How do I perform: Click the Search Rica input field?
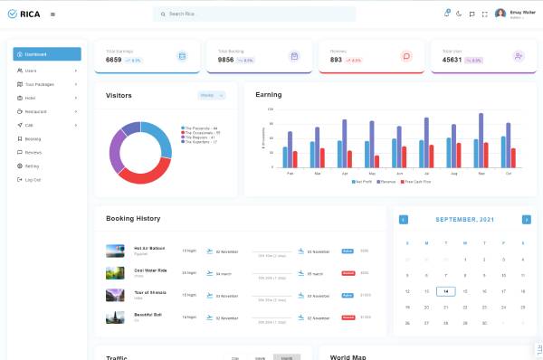tap(253, 14)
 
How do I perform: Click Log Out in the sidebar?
tap(33, 180)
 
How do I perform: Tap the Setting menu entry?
tap(32, 166)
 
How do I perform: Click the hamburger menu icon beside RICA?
tap(52, 14)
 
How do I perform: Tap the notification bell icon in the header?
tap(447, 14)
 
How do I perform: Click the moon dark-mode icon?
tap(460, 14)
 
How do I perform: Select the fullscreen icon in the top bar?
tap(485, 14)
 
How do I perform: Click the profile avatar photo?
tap(500, 14)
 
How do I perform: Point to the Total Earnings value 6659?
tap(114, 60)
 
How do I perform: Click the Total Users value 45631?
tap(452, 60)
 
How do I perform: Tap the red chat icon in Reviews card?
tap(406, 56)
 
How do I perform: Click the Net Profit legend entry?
tap(363, 182)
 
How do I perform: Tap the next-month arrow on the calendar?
tap(526, 220)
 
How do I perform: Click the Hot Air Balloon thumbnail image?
tap(115, 251)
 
